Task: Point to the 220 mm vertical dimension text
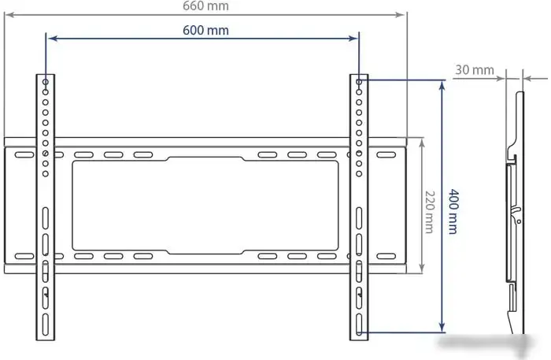[430, 210]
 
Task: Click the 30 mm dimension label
[474, 70]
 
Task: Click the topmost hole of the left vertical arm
[46, 82]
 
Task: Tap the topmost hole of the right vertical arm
[359, 82]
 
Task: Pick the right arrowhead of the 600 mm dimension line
[353, 37]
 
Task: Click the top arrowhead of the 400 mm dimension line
[442, 83]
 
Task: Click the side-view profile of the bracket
[513, 213]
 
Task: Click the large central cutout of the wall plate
[205, 205]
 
